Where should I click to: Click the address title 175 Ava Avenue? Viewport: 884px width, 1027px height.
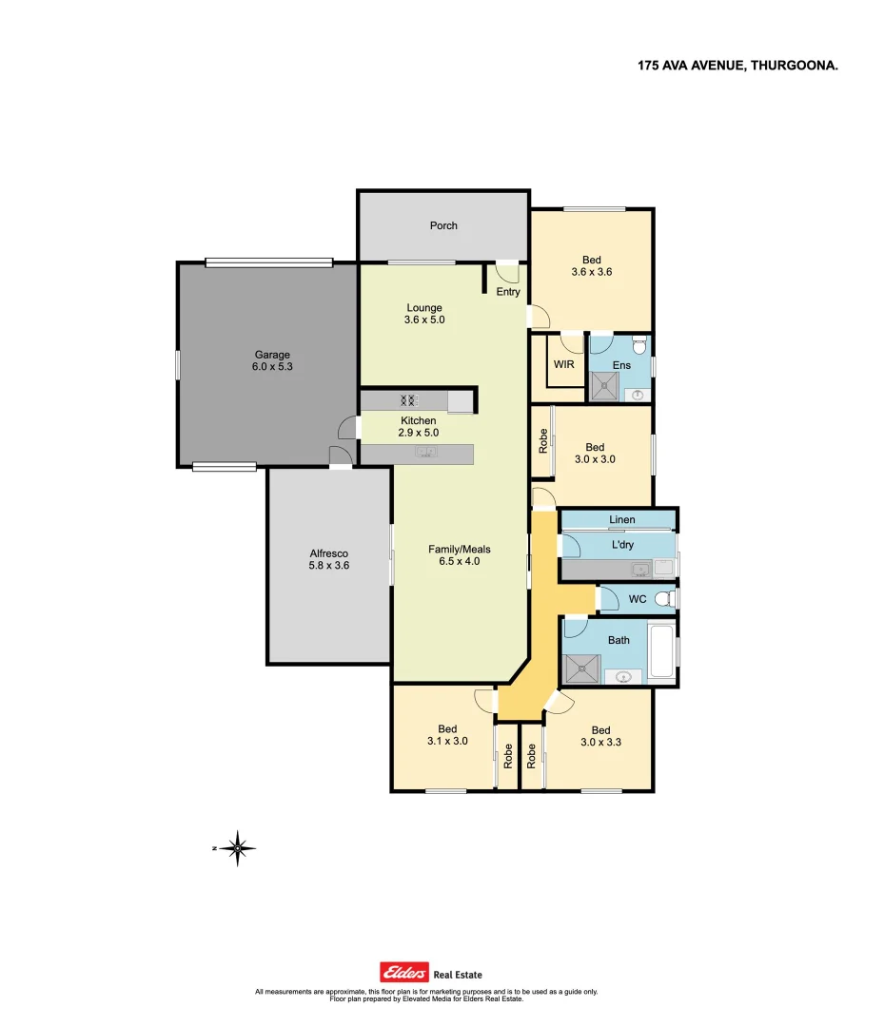pos(737,66)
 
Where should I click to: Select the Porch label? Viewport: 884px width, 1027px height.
pos(443,225)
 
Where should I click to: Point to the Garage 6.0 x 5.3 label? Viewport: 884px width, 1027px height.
pos(271,360)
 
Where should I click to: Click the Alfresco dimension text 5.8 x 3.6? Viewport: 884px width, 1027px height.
pos(329,565)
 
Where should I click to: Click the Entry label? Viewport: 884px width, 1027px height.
pos(508,292)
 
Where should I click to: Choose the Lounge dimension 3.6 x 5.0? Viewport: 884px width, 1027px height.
pos(424,320)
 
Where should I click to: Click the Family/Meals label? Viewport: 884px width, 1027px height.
pos(460,549)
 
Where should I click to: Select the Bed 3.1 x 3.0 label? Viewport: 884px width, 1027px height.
pos(446,736)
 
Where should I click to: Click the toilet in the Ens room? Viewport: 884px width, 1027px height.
pos(639,344)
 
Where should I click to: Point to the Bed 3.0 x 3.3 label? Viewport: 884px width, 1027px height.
pos(600,737)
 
